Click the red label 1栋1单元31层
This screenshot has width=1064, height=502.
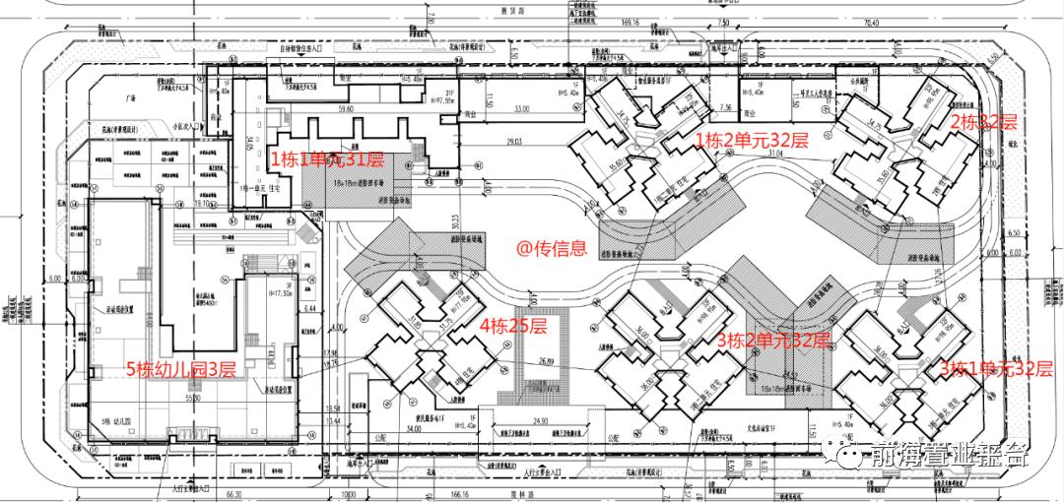(326, 160)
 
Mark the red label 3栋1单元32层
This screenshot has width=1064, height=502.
(995, 369)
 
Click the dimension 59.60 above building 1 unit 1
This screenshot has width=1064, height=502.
(346, 110)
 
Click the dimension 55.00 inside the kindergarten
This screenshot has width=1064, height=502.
(192, 400)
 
